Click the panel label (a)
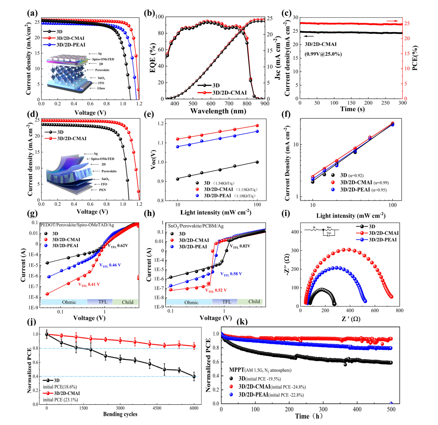pyautogui.click(x=32, y=13)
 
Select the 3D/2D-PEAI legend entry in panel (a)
pyautogui.click(x=71, y=45)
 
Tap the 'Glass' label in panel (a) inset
pyautogui.click(x=101, y=88)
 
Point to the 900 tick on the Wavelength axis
pyautogui.click(x=265, y=104)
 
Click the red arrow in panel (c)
pyautogui.click(x=391, y=21)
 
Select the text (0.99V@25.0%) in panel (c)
pyautogui.click(x=323, y=54)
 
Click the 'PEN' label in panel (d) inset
pyautogui.click(x=102, y=190)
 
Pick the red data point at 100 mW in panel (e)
pyautogui.click(x=257, y=126)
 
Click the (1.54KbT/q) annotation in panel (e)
pyautogui.click(x=224, y=183)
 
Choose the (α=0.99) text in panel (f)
pyautogui.click(x=381, y=183)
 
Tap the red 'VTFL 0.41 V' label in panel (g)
pyautogui.click(x=89, y=284)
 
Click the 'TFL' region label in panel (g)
pyautogui.click(x=103, y=302)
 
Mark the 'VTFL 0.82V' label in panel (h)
pyautogui.click(x=240, y=246)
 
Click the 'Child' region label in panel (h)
pyautogui.click(x=254, y=302)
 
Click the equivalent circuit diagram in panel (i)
pyautogui.click(x=321, y=231)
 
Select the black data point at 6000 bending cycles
pyautogui.click(x=194, y=377)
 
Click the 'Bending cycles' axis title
pyautogui.click(x=120, y=414)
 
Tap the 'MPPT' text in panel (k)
pyautogui.click(x=237, y=370)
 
